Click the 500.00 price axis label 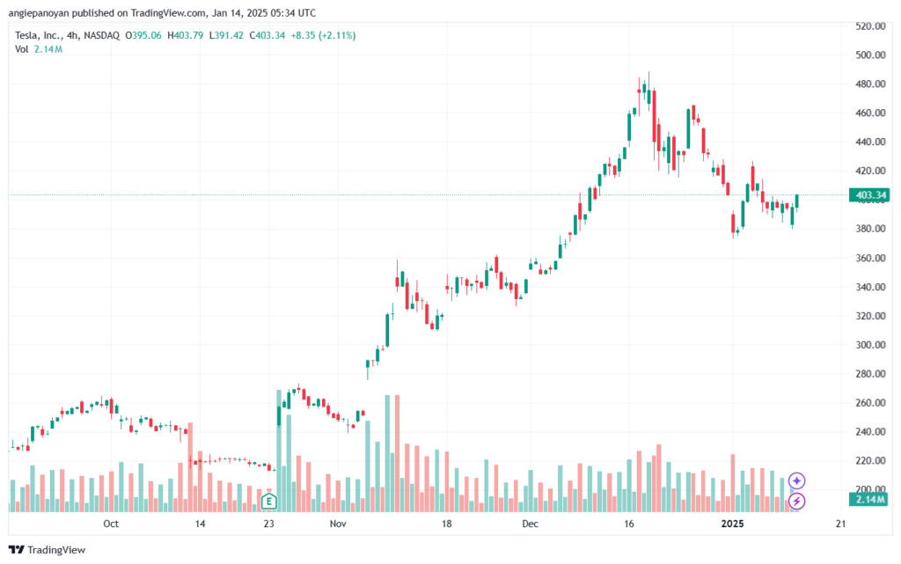click(x=870, y=55)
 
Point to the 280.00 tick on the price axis click(x=870, y=374)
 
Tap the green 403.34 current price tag click(x=870, y=195)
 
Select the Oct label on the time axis click(x=111, y=524)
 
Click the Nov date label click(x=338, y=524)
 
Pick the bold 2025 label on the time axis click(x=732, y=524)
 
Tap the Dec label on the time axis click(x=530, y=524)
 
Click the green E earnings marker click(x=268, y=502)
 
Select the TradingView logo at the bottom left click(x=48, y=550)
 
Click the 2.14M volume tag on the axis click(x=870, y=499)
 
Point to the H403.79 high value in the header click(x=185, y=35)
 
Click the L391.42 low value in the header click(x=226, y=35)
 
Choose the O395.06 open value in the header click(x=143, y=35)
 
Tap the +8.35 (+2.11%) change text click(x=323, y=35)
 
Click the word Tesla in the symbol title click(x=26, y=35)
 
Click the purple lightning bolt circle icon click(x=796, y=501)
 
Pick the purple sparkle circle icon click(x=796, y=480)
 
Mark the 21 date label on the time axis click(x=840, y=524)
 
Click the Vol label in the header click(x=22, y=49)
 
